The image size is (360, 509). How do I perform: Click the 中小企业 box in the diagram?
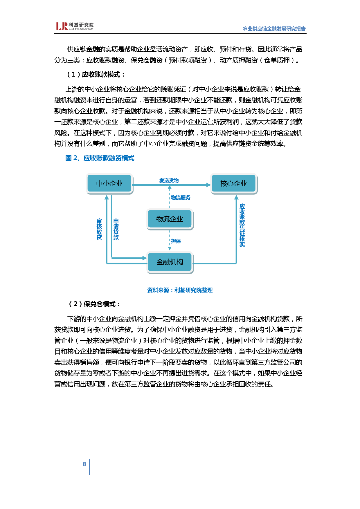109,183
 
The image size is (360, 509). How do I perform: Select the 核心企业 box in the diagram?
234,183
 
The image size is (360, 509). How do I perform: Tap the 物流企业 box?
170,219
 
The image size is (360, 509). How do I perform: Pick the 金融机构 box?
170,262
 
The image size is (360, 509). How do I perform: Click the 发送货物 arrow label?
169,181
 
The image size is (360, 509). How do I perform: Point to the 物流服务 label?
181,198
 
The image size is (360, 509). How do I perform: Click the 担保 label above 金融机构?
176,241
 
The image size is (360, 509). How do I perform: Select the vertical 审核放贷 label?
99,229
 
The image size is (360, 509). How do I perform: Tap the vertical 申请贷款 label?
116,229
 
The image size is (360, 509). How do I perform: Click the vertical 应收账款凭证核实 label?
242,225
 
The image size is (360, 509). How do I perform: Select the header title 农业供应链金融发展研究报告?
274,29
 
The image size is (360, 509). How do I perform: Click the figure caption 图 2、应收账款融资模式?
100,158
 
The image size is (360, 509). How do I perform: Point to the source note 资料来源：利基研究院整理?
180,290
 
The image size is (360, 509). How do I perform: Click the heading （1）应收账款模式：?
96,75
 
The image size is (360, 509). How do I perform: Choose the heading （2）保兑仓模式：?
94,304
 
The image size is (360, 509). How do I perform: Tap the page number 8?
84,464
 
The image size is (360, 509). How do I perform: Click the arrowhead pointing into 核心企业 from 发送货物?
208,185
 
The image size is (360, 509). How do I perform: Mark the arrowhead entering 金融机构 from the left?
144,258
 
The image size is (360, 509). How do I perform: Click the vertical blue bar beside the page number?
90,467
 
